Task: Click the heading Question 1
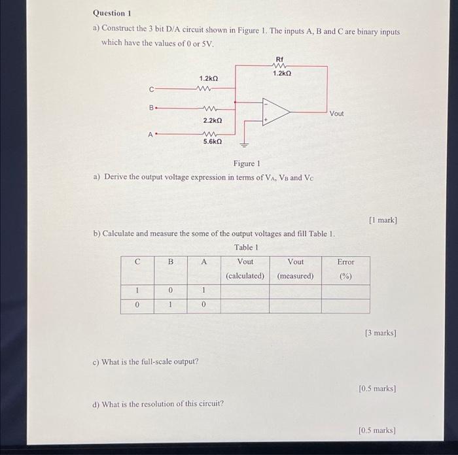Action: click(113, 13)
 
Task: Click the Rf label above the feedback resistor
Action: click(280, 59)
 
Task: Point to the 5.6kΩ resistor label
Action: click(212, 141)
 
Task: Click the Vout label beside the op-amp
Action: click(336, 114)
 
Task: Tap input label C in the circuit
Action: click(151, 90)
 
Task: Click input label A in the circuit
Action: click(150, 135)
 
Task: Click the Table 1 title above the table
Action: click(246, 247)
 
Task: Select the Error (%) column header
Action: click(345, 269)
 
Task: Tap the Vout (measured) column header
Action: click(295, 269)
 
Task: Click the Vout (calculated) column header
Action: click(245, 269)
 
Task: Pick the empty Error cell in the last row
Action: click(345, 305)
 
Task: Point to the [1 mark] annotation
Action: click(383, 220)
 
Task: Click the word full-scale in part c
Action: click(155, 361)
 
